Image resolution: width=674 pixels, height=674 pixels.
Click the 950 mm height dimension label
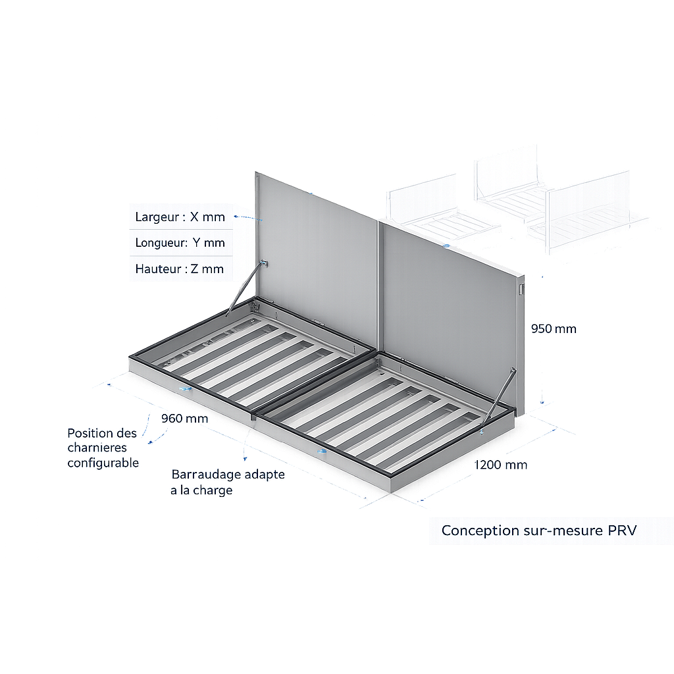click(x=554, y=328)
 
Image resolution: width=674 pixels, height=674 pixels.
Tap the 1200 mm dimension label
click(x=501, y=465)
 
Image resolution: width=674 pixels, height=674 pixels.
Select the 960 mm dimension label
click(x=184, y=419)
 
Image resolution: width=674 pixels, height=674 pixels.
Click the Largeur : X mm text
click(x=180, y=217)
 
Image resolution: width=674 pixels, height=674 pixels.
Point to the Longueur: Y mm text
click(x=180, y=242)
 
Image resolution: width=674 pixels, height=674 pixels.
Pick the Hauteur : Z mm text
click(x=179, y=269)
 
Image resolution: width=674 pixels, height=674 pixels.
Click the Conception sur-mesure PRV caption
click(x=539, y=531)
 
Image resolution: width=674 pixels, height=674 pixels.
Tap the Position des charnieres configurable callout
click(x=103, y=448)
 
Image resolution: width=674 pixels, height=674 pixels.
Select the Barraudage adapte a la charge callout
click(x=227, y=482)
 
